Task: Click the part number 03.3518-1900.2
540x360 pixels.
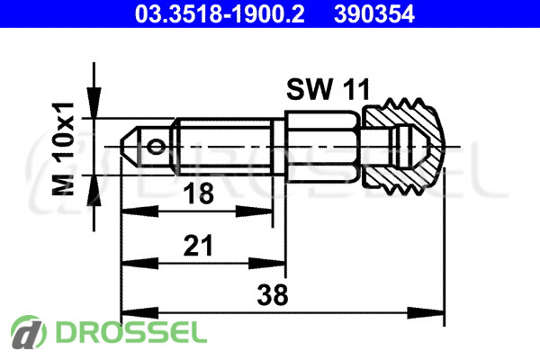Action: [x=220, y=14]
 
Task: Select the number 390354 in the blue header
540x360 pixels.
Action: [x=374, y=14]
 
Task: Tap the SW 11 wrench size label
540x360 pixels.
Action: [x=328, y=89]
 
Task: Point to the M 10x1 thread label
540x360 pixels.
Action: [x=63, y=148]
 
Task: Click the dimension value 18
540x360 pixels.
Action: [x=198, y=193]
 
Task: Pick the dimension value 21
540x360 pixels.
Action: [x=198, y=246]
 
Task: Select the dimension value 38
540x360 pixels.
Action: [x=273, y=295]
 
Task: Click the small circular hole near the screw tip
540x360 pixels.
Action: [x=156, y=147]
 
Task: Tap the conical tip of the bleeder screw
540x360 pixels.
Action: [x=129, y=147]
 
